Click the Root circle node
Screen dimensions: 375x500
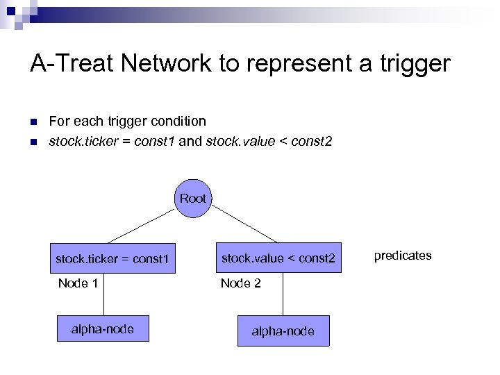(x=192, y=199)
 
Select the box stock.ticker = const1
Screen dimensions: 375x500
(x=112, y=259)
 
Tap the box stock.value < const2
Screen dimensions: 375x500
(x=278, y=258)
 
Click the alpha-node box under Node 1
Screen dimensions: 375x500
(x=103, y=329)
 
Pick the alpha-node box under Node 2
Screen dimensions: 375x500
(x=283, y=331)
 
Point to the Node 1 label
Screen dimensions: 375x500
(x=78, y=283)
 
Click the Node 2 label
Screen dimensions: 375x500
(x=240, y=283)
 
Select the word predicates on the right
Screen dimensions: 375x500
(x=402, y=256)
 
